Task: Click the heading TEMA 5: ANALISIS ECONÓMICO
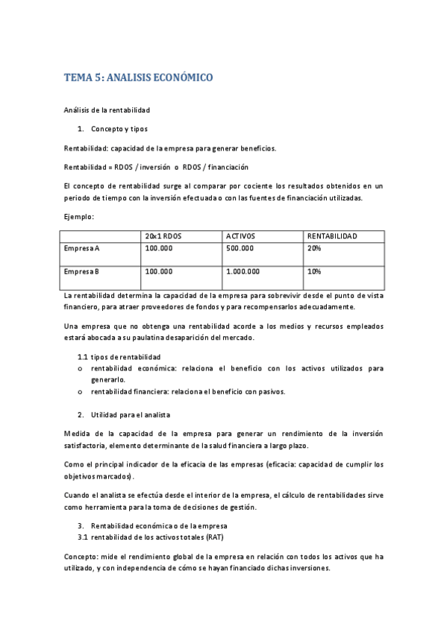[139, 77]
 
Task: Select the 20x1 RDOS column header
[163, 236]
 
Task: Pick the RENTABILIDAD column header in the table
[332, 236]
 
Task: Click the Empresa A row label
[82, 248]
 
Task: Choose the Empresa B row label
[82, 272]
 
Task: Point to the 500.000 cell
[240, 248]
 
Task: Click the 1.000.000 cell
[243, 272]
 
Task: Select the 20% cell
[314, 248]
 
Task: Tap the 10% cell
[314, 272]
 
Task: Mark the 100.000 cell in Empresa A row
[159, 248]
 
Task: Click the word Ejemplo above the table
[78, 217]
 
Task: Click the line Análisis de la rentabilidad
[107, 110]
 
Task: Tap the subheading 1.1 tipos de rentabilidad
[119, 357]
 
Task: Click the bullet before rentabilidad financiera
[81, 392]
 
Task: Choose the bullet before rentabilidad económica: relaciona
[81, 368]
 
